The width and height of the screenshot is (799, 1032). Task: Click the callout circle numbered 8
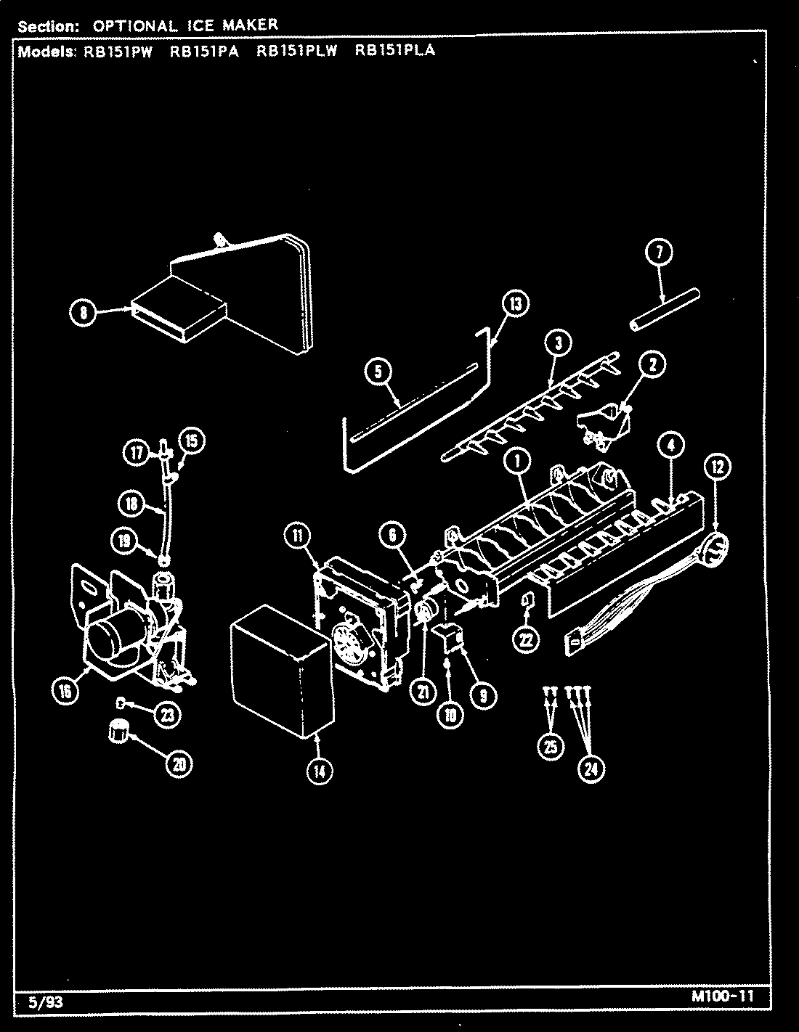(84, 313)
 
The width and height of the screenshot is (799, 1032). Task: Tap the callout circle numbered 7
(658, 253)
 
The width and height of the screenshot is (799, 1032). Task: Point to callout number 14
(319, 772)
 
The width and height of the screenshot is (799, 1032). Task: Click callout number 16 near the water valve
(65, 692)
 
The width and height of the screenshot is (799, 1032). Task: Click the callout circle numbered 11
(298, 536)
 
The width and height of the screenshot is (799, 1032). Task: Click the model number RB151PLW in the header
(297, 52)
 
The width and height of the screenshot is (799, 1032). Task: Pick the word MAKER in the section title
(250, 25)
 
